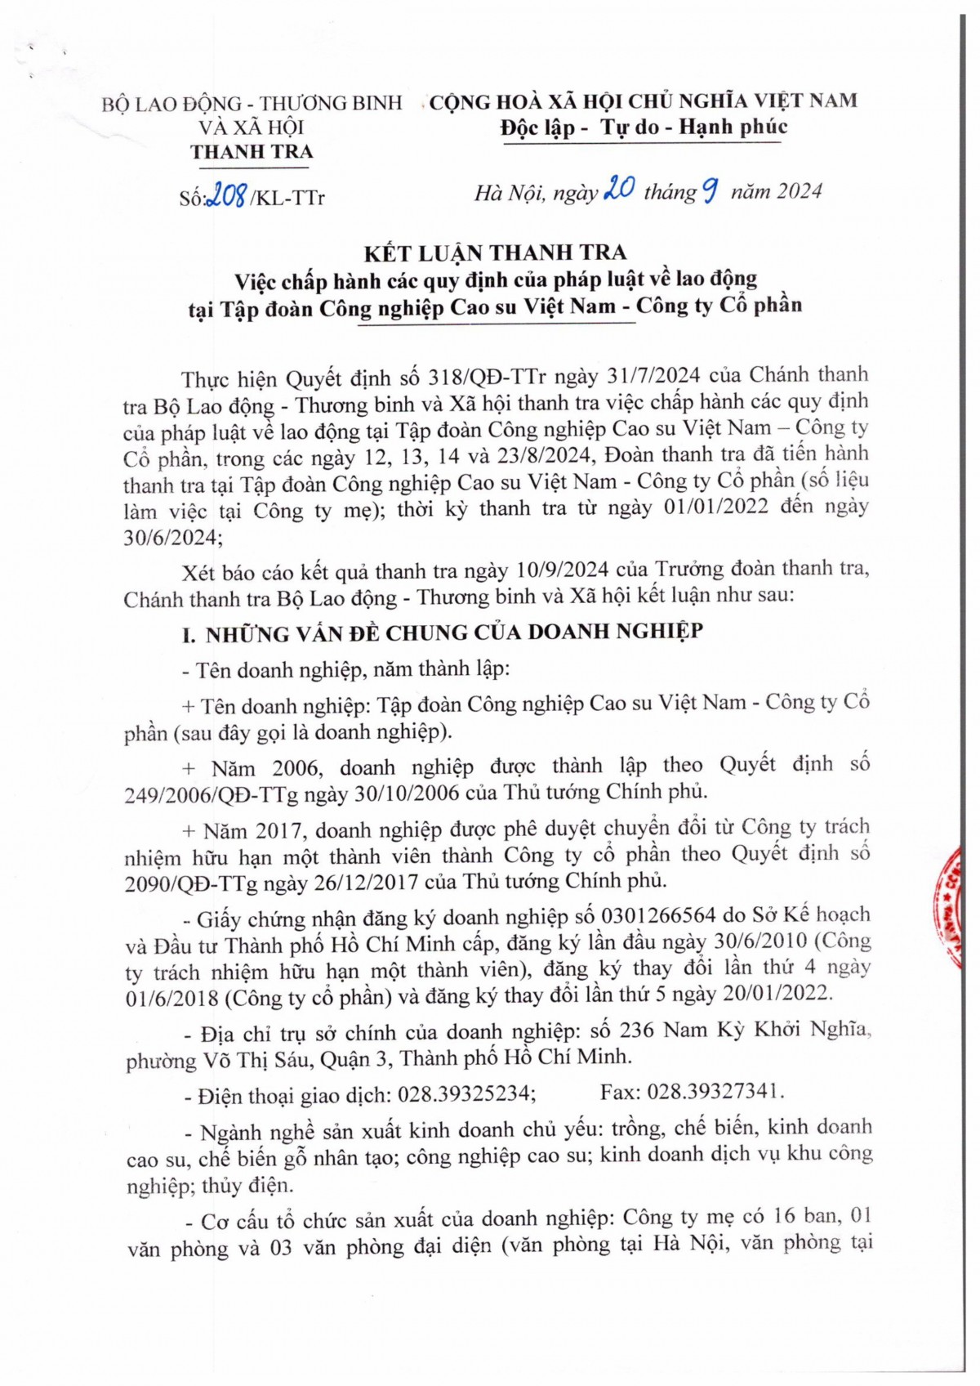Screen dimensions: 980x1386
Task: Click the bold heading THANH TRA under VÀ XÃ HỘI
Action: pyautogui.click(x=252, y=152)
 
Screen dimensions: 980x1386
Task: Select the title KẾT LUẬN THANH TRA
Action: pyautogui.click(x=495, y=253)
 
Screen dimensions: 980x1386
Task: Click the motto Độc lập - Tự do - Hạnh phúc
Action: pyautogui.click(x=644, y=127)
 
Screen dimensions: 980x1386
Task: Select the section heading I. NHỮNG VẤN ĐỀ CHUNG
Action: pyautogui.click(x=442, y=633)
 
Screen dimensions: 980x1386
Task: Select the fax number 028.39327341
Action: pyautogui.click(x=715, y=1092)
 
